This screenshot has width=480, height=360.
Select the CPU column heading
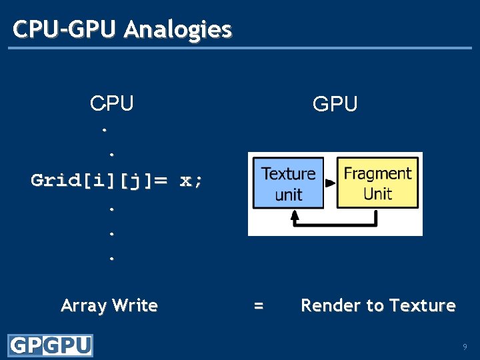(x=112, y=103)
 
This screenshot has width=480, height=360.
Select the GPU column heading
(x=335, y=104)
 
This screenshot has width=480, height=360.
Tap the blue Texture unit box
(x=288, y=183)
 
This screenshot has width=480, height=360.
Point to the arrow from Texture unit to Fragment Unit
(x=330, y=182)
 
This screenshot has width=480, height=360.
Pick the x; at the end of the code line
(x=191, y=180)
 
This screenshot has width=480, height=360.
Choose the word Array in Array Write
(x=83, y=306)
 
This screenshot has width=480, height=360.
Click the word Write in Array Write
(x=135, y=305)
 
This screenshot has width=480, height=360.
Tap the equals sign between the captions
(x=259, y=305)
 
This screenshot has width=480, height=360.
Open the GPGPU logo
(x=50, y=345)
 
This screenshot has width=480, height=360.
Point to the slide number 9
(x=465, y=347)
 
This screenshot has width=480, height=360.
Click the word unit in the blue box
(x=288, y=194)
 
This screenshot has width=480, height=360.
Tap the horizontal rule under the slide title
(x=240, y=48)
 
